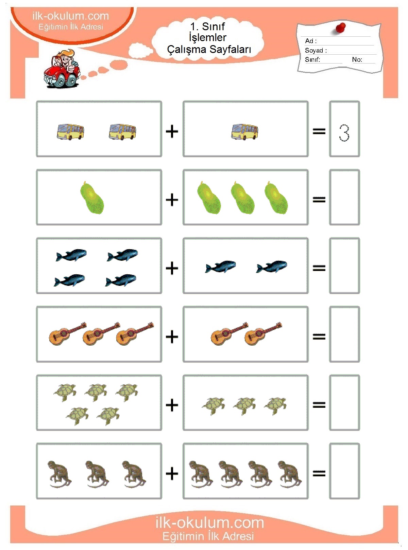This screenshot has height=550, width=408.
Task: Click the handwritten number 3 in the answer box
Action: coord(344,133)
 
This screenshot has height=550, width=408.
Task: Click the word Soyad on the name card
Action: coord(314,50)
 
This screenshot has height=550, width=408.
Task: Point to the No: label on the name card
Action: coord(357,59)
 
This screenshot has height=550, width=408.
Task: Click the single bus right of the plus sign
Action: coord(245,132)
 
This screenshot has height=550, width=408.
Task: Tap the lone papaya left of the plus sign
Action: coord(92,198)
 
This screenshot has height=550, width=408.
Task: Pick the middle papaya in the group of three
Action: coord(242,198)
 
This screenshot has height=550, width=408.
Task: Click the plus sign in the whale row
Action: coord(172,268)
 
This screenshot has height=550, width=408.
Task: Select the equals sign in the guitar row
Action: coord(319,336)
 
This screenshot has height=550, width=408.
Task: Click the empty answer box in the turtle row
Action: coord(344,402)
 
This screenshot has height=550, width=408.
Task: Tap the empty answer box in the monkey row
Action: coord(344,471)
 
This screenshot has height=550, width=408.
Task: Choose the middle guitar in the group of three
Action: coord(101,333)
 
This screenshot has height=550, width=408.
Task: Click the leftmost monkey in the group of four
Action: coord(201,474)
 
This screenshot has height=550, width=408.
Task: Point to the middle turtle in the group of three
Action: coord(244,406)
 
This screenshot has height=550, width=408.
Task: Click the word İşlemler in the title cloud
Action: coord(208,37)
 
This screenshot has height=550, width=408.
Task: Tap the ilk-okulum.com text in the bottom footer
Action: coord(210,522)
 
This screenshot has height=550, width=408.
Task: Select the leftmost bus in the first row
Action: coord(70,132)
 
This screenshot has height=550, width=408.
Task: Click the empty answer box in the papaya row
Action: coord(344,197)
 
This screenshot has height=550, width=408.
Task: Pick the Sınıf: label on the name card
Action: coord(312,59)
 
